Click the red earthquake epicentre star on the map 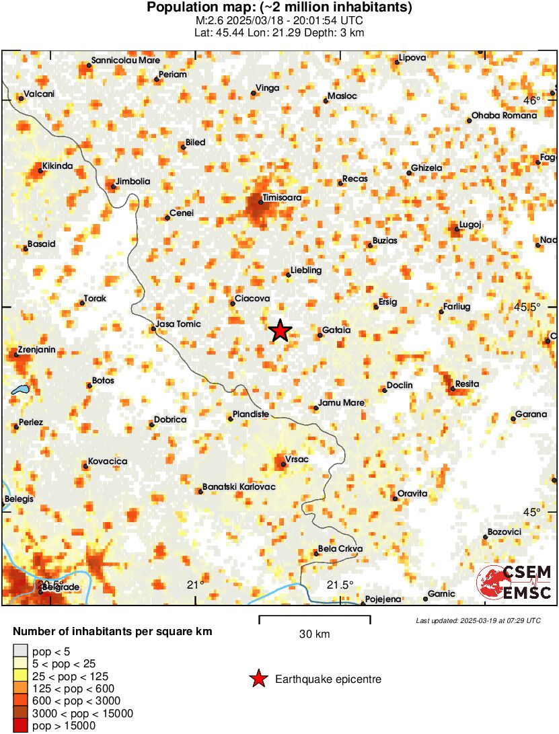tap(280, 330)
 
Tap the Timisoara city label tap(282, 198)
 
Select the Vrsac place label tap(296, 460)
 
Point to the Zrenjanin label tap(36, 350)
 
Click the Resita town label tap(467, 383)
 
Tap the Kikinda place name tap(57, 166)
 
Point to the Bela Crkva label tap(340, 548)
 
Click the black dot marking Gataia tap(320, 335)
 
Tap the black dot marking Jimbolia tap(113, 186)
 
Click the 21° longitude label tap(196, 584)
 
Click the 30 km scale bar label tap(314, 634)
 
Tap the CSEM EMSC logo tap(514, 582)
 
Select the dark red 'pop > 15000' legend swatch tap(21, 725)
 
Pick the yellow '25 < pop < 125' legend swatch tap(21, 675)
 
